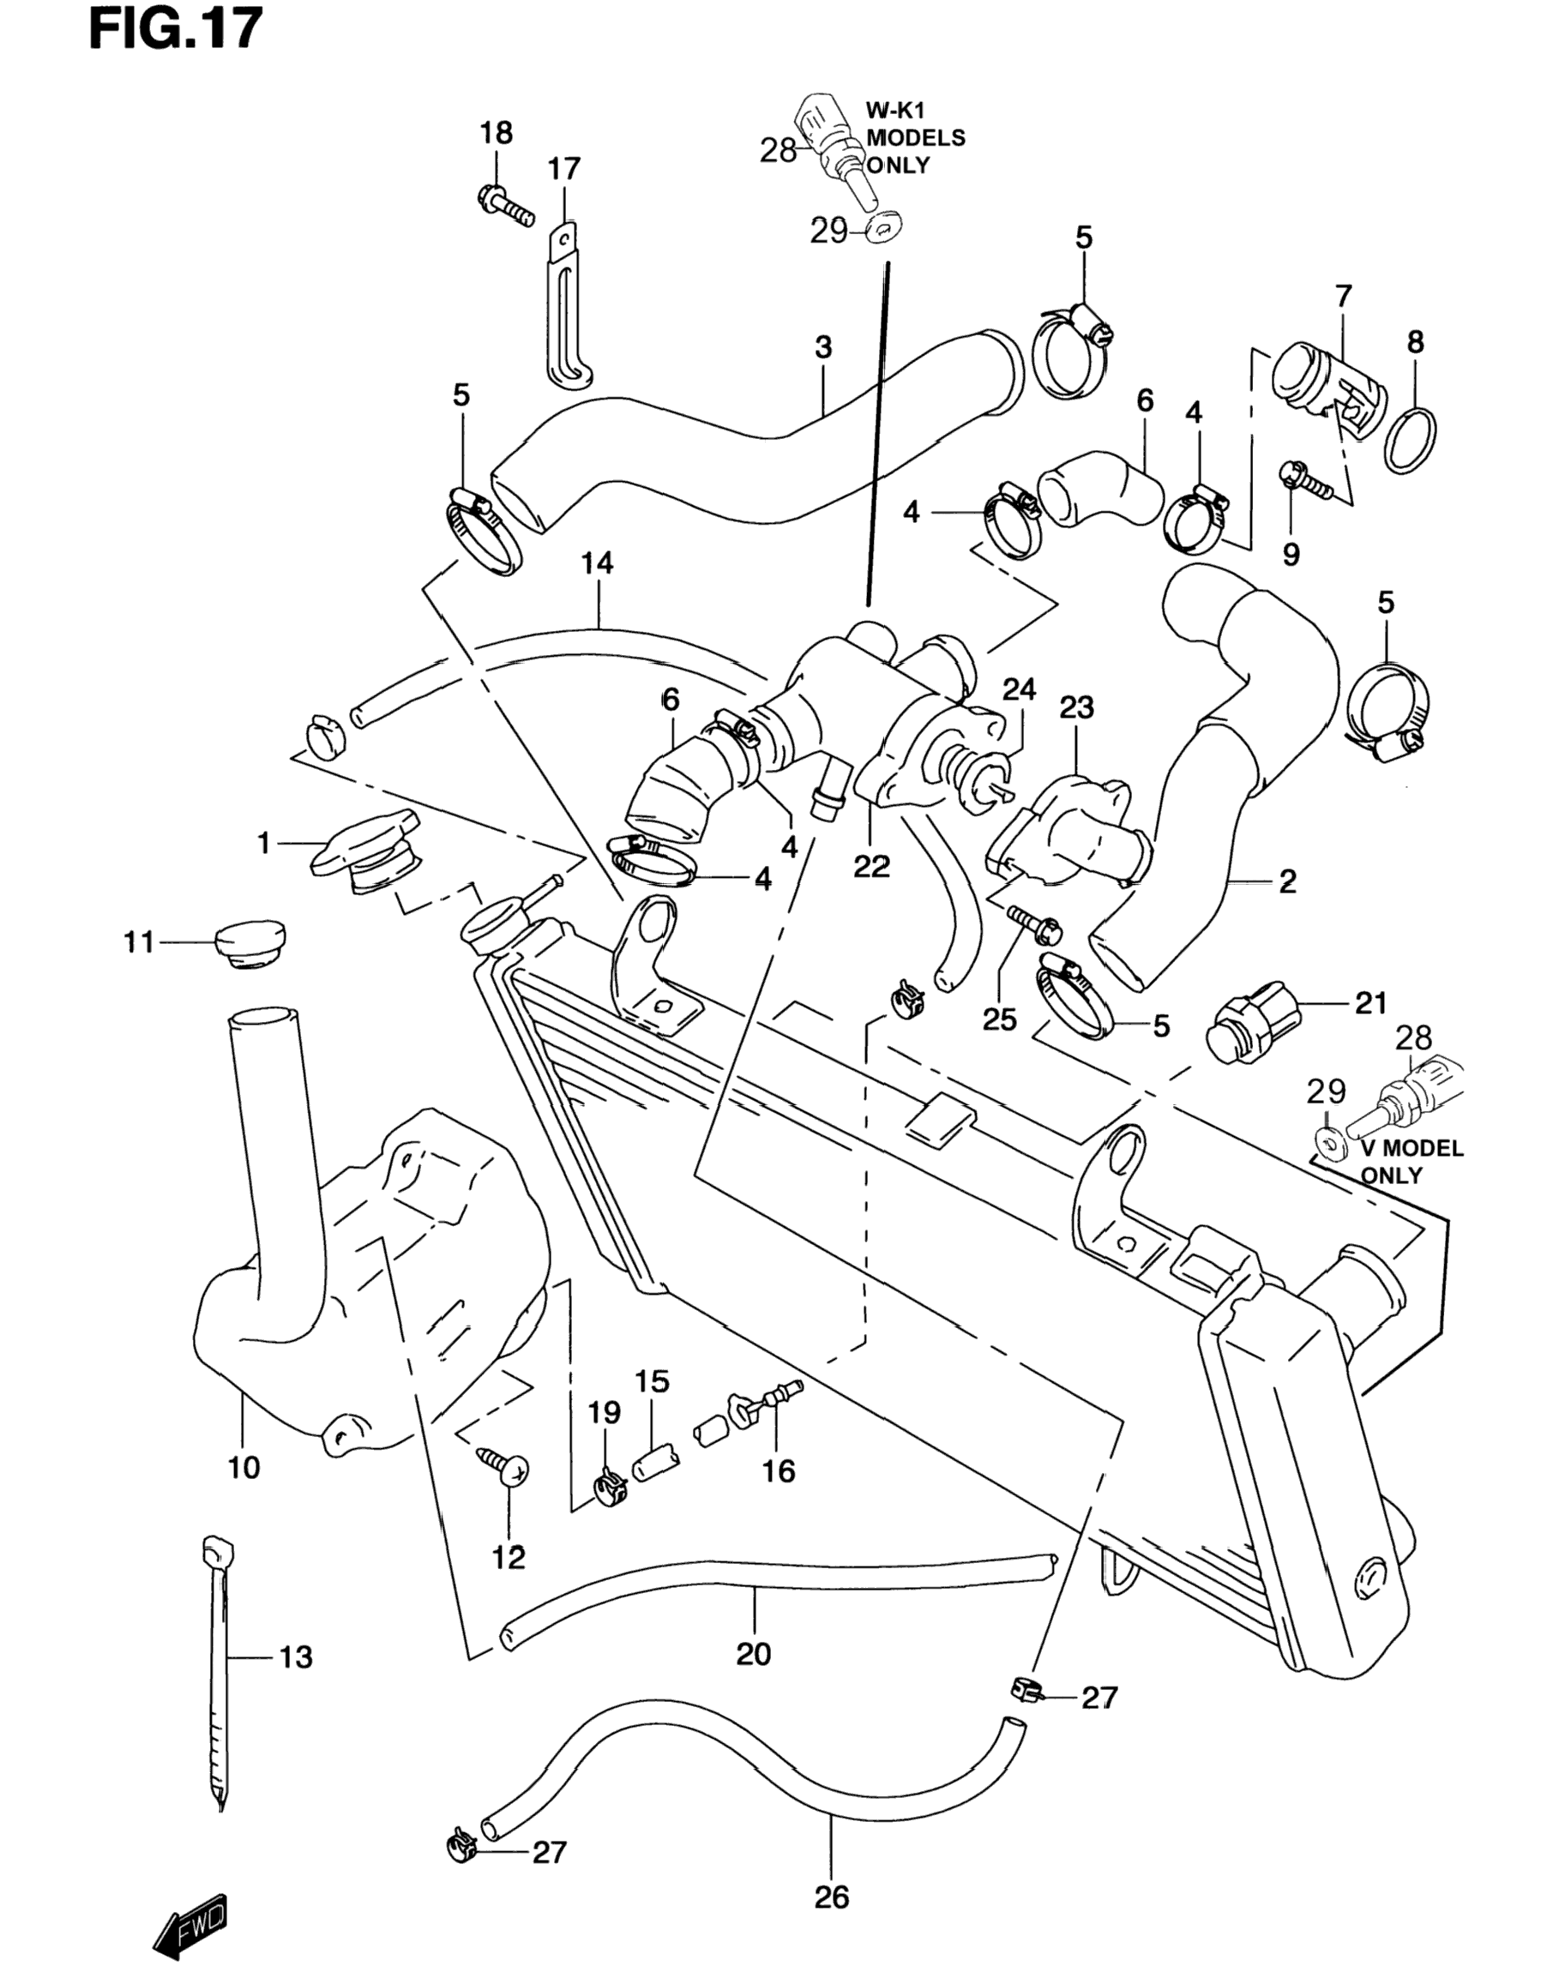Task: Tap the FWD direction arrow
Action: [x=191, y=1913]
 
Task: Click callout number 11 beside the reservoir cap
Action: [x=140, y=942]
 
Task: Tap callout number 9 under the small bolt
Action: [x=1291, y=554]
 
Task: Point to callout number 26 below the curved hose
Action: [x=832, y=1896]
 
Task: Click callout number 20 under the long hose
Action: [x=754, y=1653]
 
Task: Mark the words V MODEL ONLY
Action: [x=1412, y=1162]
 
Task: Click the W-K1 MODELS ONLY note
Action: [x=916, y=139]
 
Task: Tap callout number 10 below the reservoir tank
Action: [x=244, y=1467]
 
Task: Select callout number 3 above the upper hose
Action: [x=822, y=348]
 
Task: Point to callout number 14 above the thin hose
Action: [x=597, y=564]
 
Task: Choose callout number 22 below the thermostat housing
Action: [x=871, y=867]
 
